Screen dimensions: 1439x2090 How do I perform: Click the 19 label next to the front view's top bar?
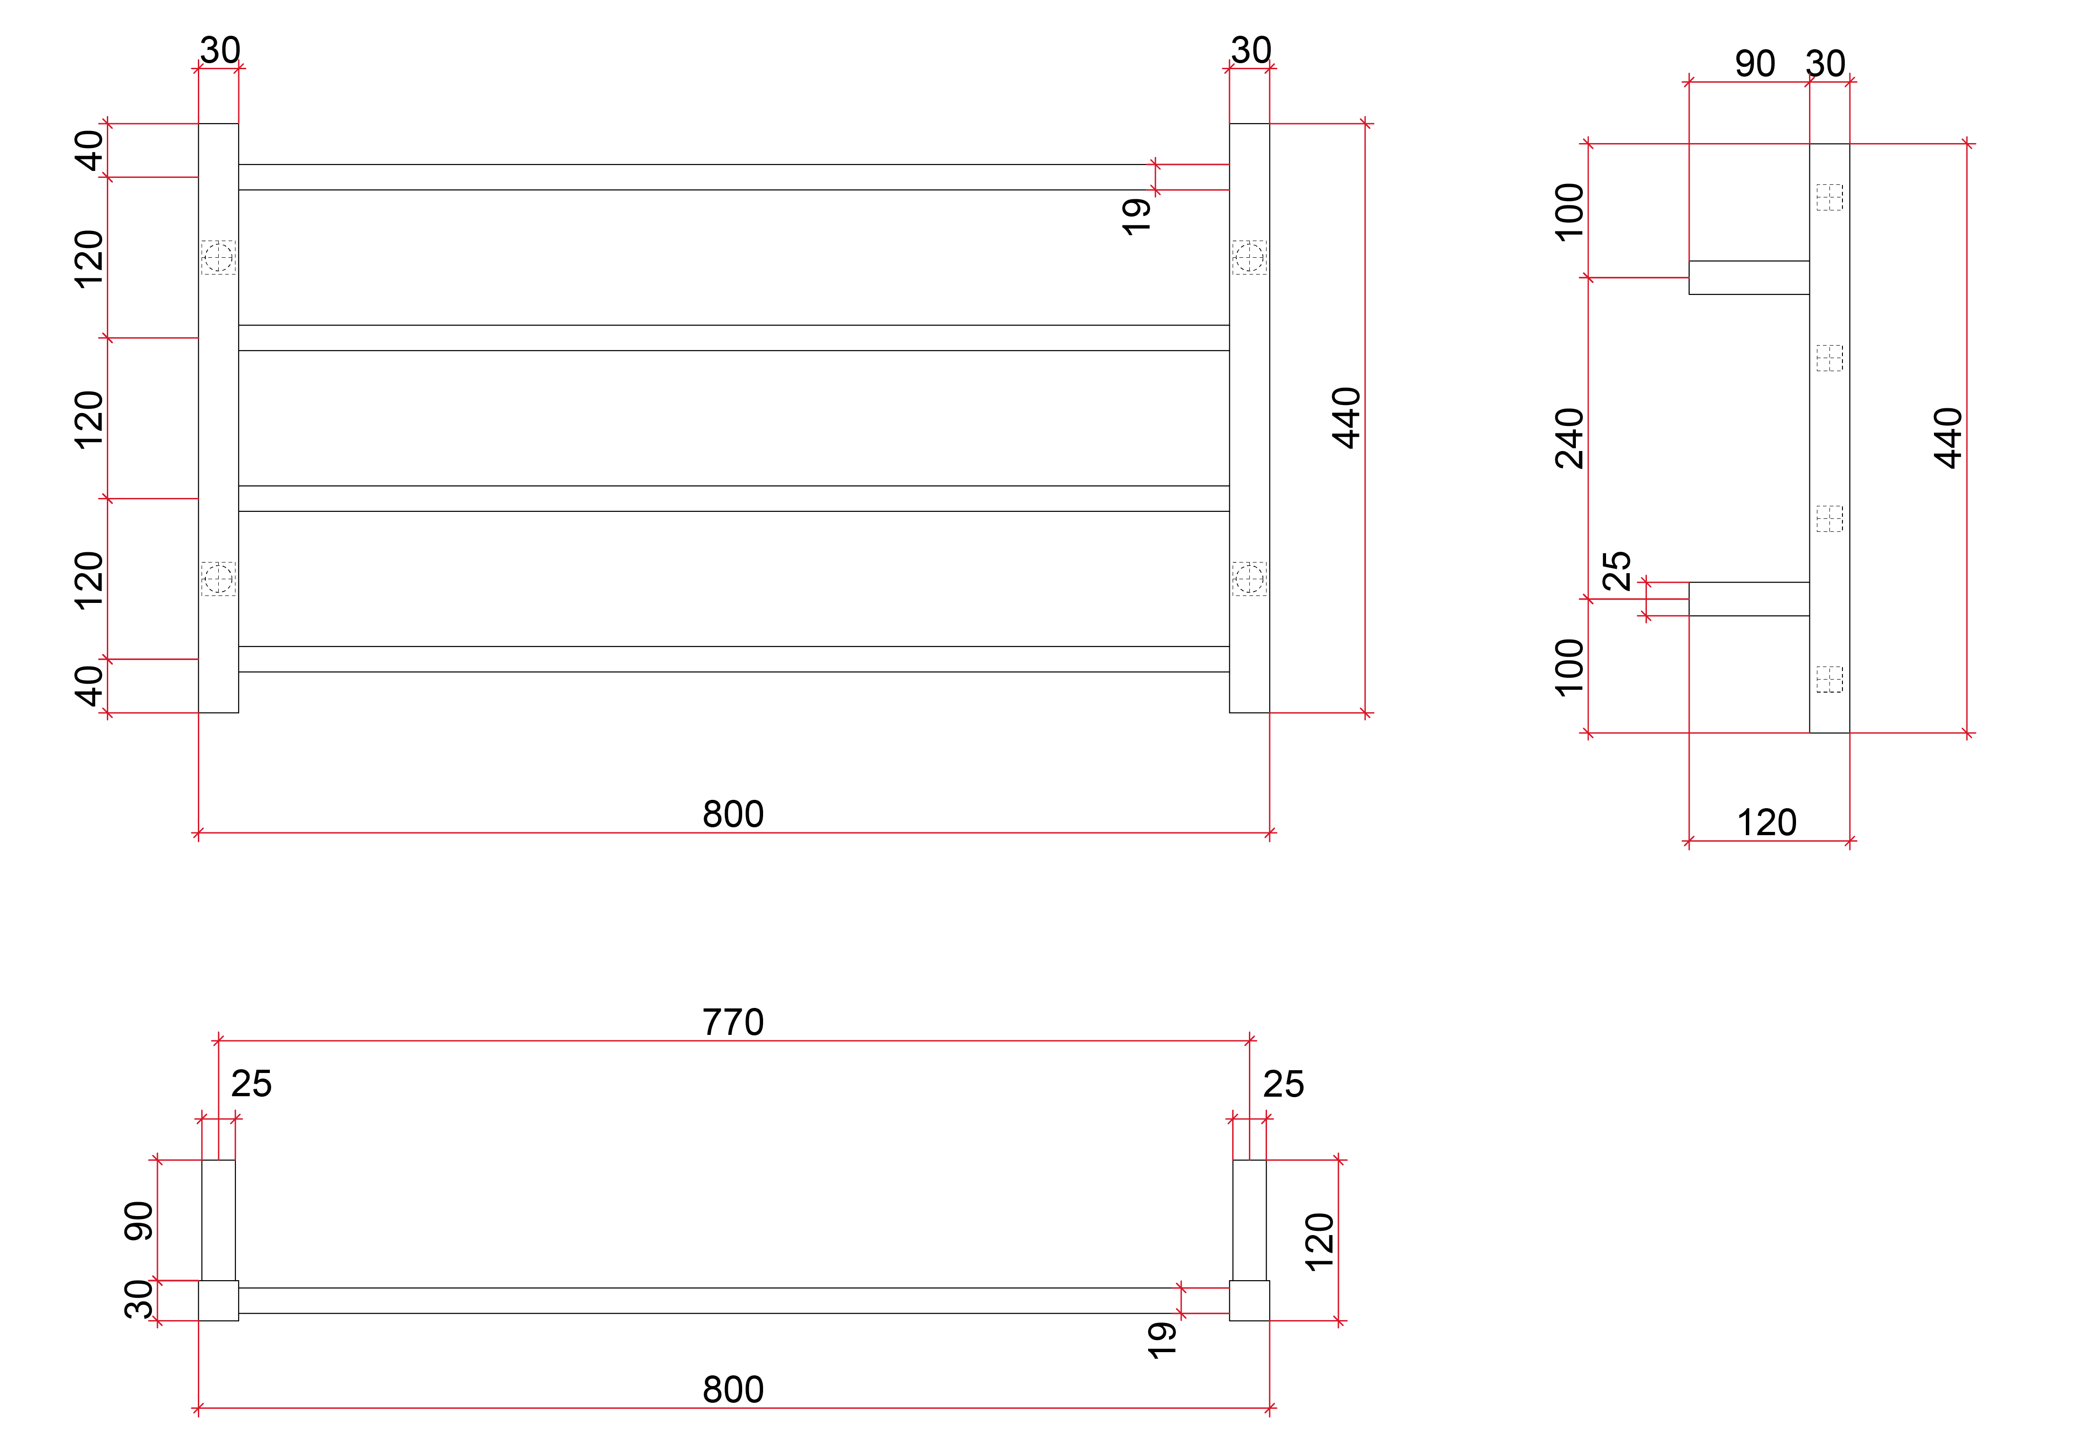tap(1136, 216)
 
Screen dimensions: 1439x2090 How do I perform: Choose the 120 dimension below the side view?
tap(1766, 822)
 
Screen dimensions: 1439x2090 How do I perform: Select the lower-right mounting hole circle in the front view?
tap(1249, 579)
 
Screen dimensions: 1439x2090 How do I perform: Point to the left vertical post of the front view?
tap(218, 415)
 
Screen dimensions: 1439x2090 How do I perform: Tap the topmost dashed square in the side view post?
tap(1829, 197)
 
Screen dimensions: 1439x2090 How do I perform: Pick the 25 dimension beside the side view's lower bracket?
tap(1616, 571)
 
